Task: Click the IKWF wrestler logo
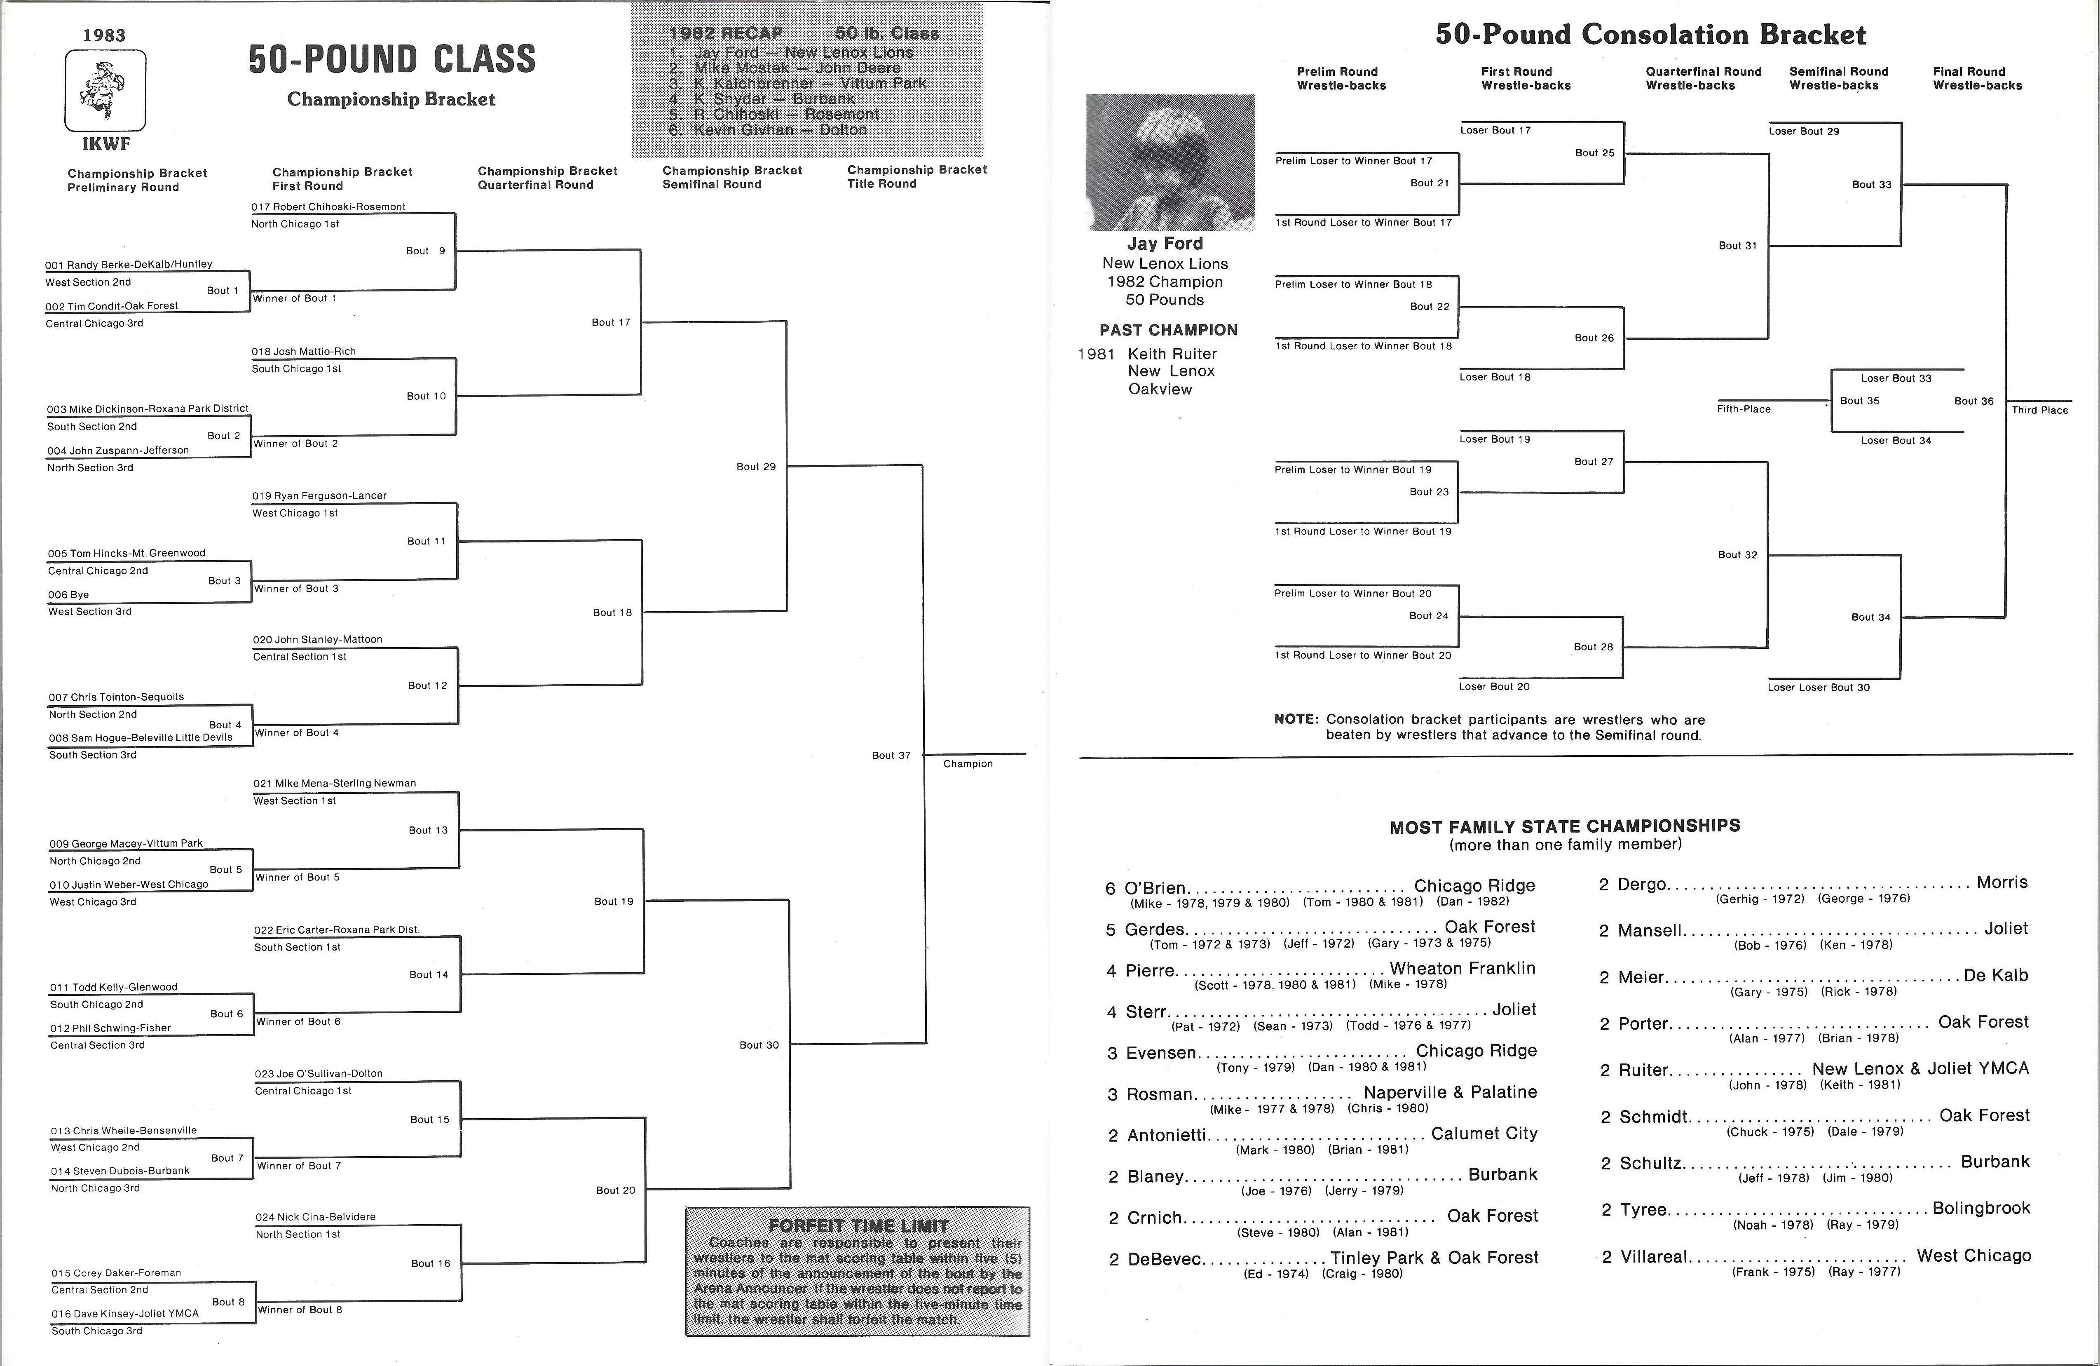pyautogui.click(x=105, y=90)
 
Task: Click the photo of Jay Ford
pyautogui.click(x=1169, y=162)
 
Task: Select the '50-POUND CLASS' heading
pyautogui.click(x=392, y=59)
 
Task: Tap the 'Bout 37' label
pyautogui.click(x=891, y=756)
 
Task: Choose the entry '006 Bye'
pyautogui.click(x=68, y=595)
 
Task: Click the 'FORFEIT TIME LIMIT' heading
pyautogui.click(x=858, y=1226)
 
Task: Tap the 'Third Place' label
pyautogui.click(x=2040, y=410)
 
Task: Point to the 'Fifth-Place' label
pyautogui.click(x=1744, y=409)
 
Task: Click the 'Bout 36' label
pyautogui.click(x=1974, y=401)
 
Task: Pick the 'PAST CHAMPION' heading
pyautogui.click(x=1168, y=330)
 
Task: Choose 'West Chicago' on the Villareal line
pyautogui.click(x=1974, y=1256)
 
